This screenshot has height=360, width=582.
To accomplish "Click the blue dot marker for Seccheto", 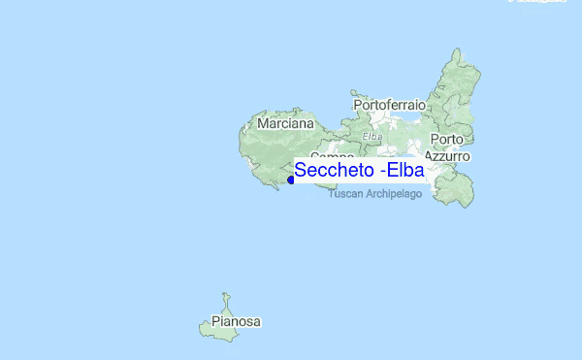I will click(x=291, y=180).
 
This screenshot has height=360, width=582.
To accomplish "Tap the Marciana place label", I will click(x=286, y=124).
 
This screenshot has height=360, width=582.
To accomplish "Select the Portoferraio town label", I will click(x=390, y=104).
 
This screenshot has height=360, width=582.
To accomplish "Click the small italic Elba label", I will click(x=372, y=137).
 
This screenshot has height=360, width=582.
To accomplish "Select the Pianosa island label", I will click(x=237, y=321).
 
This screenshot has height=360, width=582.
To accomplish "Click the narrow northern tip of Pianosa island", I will click(x=225, y=295).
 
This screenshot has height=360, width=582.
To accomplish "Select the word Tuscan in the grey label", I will click(x=345, y=194).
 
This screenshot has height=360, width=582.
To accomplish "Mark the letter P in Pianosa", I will click(x=215, y=321).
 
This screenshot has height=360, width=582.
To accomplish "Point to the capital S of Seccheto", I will click(x=301, y=171).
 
